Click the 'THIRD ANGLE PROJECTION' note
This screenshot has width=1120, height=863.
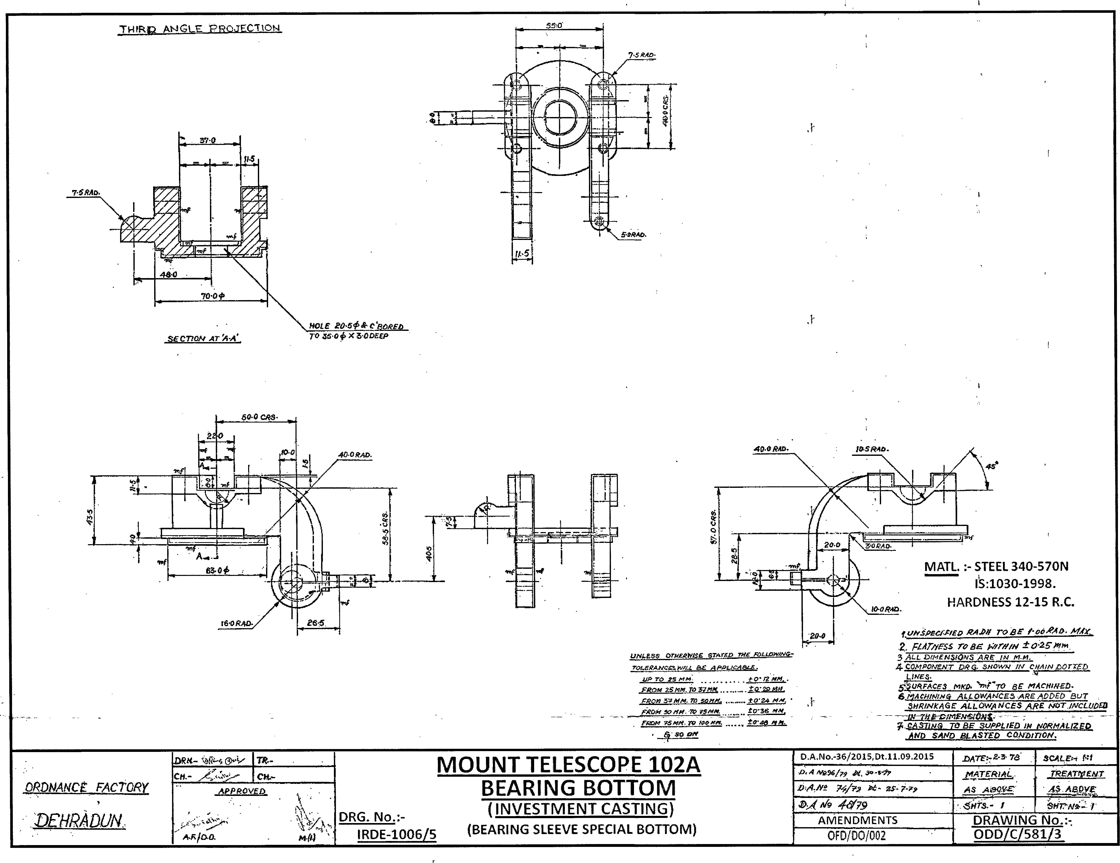click(200, 29)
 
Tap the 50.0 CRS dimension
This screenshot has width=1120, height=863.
click(259, 417)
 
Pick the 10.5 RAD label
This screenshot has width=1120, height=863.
click(872, 449)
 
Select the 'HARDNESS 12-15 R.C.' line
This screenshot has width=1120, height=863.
click(1010, 602)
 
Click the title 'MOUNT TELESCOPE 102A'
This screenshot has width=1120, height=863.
click(568, 765)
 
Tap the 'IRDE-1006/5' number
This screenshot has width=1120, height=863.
click(396, 834)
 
